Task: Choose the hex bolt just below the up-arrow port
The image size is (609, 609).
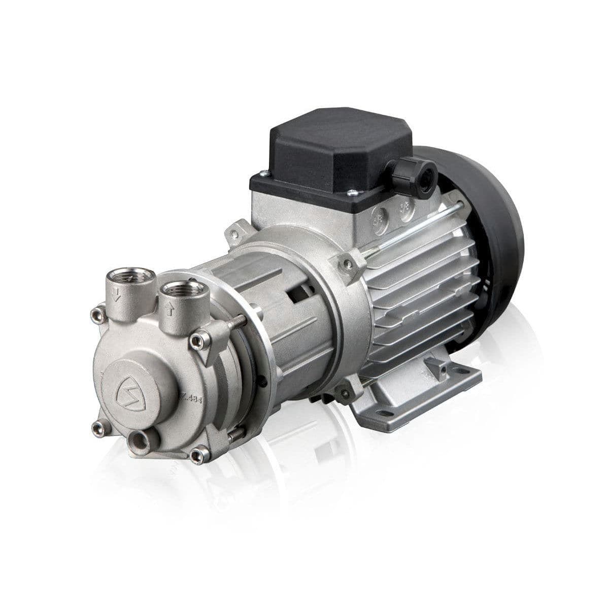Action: coord(200,340)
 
